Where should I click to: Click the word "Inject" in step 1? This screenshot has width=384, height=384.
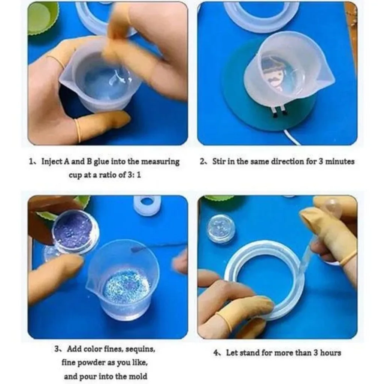pyautogui.click(x=51, y=162)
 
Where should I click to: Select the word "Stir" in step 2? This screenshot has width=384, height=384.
pyautogui.click(x=219, y=162)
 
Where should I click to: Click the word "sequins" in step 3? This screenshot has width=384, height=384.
pyautogui.click(x=140, y=349)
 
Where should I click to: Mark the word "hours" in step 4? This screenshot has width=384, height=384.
pyautogui.click(x=330, y=353)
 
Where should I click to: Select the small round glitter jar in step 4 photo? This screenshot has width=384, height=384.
pyautogui.click(x=221, y=228)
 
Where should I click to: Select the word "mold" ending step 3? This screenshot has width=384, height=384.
pyautogui.click(x=137, y=376)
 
